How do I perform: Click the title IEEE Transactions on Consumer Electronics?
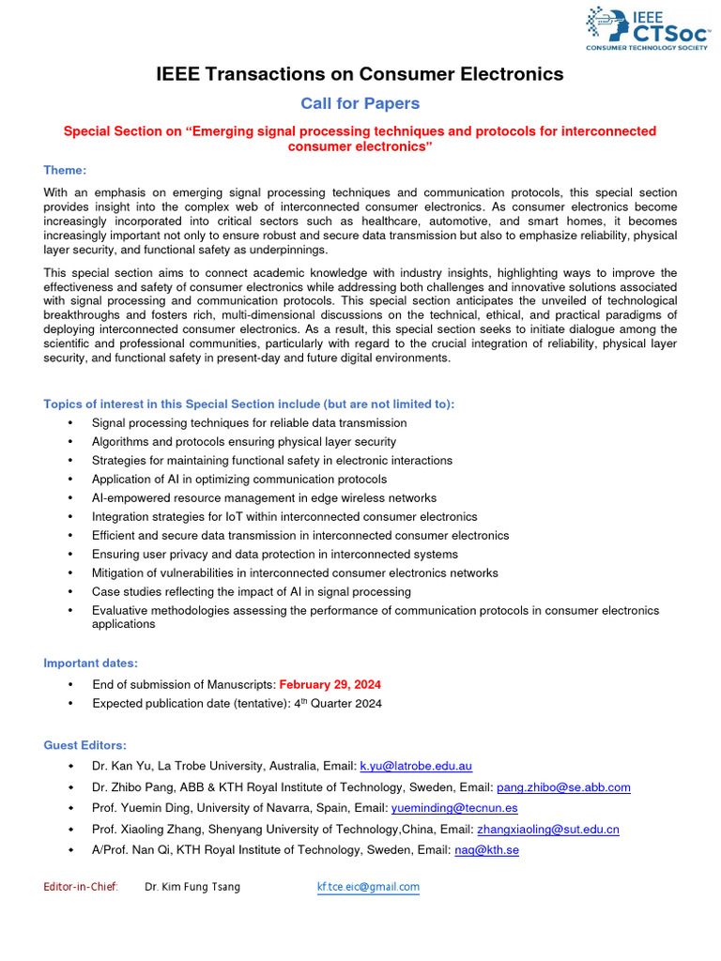click(x=360, y=74)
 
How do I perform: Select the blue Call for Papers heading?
click(x=360, y=103)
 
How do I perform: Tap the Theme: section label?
click(x=65, y=170)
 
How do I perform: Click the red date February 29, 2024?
click(x=330, y=684)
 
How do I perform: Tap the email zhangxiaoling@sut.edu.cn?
click(x=547, y=830)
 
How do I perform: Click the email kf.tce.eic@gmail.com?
click(x=368, y=887)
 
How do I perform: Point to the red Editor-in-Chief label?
click(x=81, y=887)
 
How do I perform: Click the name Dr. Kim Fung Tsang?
click(x=192, y=887)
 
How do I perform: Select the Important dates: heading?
click(x=91, y=664)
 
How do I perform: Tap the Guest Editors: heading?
click(x=84, y=745)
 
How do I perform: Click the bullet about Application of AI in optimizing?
click(x=238, y=480)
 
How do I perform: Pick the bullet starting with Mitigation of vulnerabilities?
click(x=295, y=573)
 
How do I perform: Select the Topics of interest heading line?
click(x=249, y=404)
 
